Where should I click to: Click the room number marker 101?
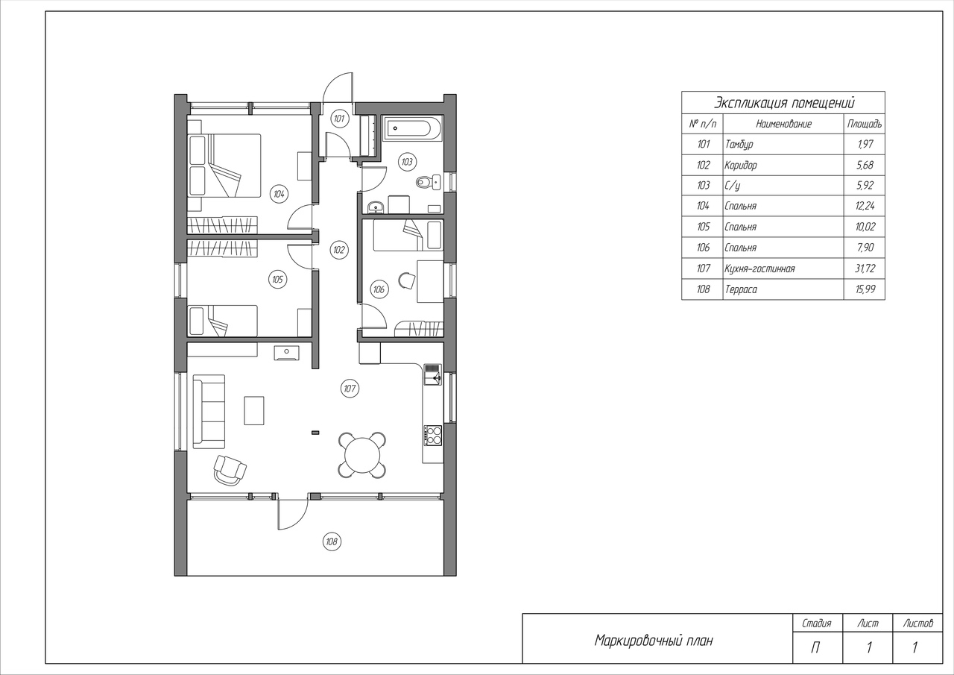pos(339,119)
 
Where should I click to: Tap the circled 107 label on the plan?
pos(350,389)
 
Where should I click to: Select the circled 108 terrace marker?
pos(332,541)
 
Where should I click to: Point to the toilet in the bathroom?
pos(428,183)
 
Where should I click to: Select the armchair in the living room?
pos(230,470)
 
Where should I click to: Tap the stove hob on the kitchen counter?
pos(433,435)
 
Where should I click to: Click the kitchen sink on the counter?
pos(433,375)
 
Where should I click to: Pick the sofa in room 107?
pos(209,412)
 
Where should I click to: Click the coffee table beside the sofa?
pos(254,410)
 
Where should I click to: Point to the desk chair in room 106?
pos(406,281)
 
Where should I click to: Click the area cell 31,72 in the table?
pos(865,269)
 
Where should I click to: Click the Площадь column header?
pos(864,124)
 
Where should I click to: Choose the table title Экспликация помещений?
pos(783,103)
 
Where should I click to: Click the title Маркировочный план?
pos(654,641)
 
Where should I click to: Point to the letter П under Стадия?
pos(815,647)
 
